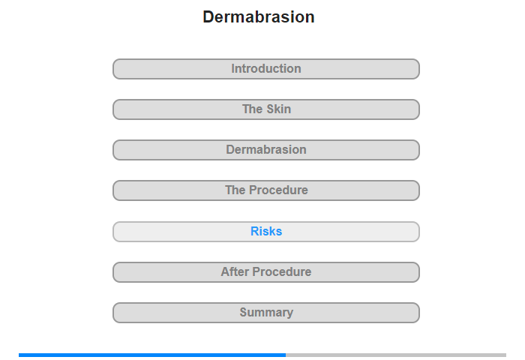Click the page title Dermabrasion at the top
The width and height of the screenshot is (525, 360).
click(x=259, y=16)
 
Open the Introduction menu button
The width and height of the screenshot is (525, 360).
click(x=266, y=69)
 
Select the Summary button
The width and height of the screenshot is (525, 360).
click(x=266, y=313)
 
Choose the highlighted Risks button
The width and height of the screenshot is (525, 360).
click(x=266, y=232)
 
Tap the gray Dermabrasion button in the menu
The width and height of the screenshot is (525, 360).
click(x=266, y=150)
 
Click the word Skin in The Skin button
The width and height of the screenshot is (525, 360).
click(x=278, y=109)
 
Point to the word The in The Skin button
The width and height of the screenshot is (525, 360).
click(x=252, y=109)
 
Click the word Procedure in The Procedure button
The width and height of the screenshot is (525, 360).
click(x=278, y=190)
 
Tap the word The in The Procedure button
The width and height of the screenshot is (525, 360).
click(x=235, y=190)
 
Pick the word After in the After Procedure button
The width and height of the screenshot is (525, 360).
click(x=235, y=272)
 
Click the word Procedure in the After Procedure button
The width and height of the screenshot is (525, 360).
click(x=282, y=272)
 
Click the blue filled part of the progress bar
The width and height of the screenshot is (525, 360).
click(x=152, y=355)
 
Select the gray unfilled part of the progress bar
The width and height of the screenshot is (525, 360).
click(x=396, y=355)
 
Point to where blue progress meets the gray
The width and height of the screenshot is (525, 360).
click(x=286, y=355)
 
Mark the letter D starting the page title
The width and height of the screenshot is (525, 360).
click(x=208, y=16)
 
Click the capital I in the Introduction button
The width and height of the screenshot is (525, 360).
click(x=232, y=69)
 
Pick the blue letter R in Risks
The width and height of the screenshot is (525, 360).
click(x=254, y=232)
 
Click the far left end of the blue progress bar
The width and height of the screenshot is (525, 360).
click(x=19, y=355)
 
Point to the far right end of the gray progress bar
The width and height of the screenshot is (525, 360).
click(x=506, y=355)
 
